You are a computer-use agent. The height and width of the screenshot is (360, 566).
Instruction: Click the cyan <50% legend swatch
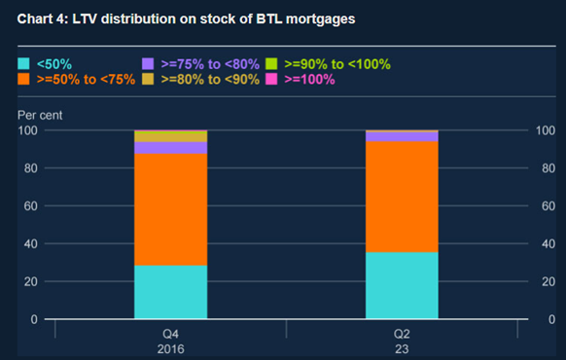point(24,64)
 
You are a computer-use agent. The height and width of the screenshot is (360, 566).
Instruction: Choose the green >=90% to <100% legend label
point(336,64)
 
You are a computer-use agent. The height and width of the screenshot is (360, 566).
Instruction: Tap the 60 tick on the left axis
point(30,206)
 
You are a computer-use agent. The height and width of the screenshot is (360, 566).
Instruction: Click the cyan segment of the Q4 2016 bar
point(170,292)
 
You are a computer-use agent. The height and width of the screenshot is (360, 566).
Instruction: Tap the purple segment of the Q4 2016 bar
point(170,148)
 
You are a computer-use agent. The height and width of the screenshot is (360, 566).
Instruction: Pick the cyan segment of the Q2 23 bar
point(402,285)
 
